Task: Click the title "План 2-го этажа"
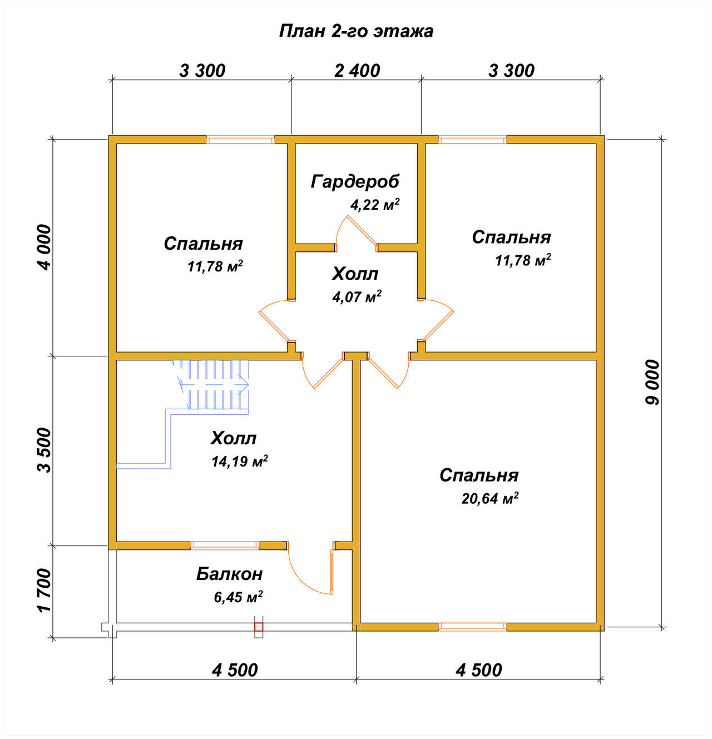[x=356, y=32]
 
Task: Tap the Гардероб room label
[x=355, y=181]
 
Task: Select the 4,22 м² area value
[x=374, y=205]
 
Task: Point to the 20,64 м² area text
[x=489, y=498]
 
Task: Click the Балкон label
[x=230, y=574]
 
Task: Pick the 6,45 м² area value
[x=238, y=597]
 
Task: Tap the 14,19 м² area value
[x=239, y=462]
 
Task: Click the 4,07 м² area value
[x=357, y=296]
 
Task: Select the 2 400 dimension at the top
[x=357, y=71]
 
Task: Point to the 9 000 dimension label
[x=653, y=382]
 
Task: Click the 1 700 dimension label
[x=44, y=590]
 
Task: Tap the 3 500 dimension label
[x=44, y=450]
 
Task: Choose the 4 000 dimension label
[x=44, y=247]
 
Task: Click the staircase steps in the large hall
[x=211, y=384]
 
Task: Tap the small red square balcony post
[x=258, y=627]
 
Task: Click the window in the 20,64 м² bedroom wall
[x=472, y=627]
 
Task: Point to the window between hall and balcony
[x=225, y=545]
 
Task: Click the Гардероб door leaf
[x=362, y=231]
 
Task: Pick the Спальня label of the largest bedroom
[x=479, y=475]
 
